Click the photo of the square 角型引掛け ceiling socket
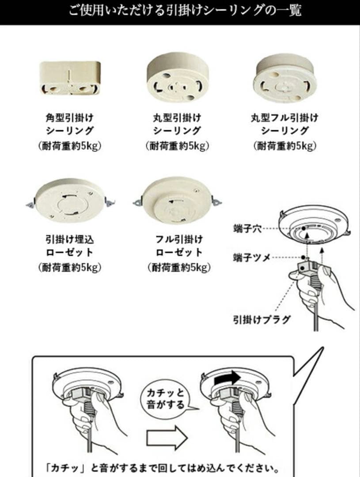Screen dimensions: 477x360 coord(70,78)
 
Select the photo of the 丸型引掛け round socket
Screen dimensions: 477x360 coord(177,78)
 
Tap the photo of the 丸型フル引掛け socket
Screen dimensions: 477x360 coord(285,78)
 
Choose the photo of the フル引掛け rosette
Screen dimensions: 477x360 coord(177,200)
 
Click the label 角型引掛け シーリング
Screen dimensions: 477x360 coord(70,124)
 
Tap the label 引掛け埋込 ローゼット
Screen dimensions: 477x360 coord(70,246)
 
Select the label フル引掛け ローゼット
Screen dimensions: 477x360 coord(179,246)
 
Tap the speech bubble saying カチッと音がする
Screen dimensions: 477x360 coord(165,399)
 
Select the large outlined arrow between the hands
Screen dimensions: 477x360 coord(167,438)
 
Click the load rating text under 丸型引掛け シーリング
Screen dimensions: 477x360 coord(177,146)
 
